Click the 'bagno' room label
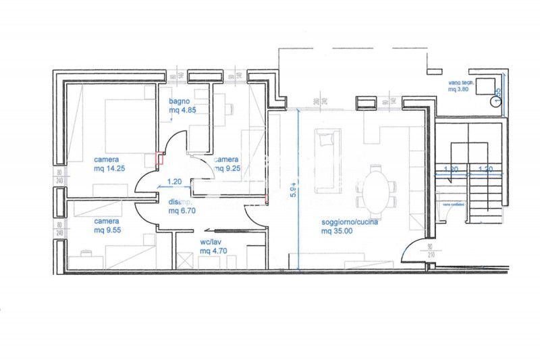(x=178, y=101)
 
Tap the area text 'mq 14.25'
(x=111, y=169)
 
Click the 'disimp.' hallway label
(x=180, y=201)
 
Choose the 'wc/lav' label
(x=211, y=242)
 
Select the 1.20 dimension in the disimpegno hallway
(x=174, y=181)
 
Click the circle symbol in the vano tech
(x=497, y=101)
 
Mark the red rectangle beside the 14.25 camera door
(x=160, y=159)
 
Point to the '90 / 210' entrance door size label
(x=431, y=251)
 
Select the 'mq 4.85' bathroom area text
(x=182, y=110)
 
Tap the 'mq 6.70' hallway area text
(x=182, y=210)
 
